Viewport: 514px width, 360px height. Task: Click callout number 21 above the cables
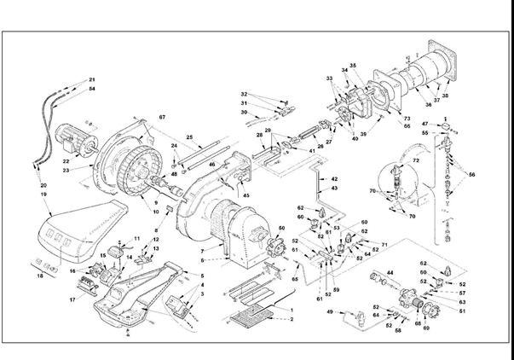pos(92,80)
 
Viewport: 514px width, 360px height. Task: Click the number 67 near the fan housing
pos(161,116)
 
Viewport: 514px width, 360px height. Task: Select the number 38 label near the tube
pos(446,96)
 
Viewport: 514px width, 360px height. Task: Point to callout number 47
pos(425,125)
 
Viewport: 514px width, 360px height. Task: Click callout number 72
pos(417,161)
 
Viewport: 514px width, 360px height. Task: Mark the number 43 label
pos(334,188)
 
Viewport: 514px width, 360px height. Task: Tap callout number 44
pos(390,272)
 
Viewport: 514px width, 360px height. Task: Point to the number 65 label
pos(296,279)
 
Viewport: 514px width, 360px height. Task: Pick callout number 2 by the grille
pos(291,318)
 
